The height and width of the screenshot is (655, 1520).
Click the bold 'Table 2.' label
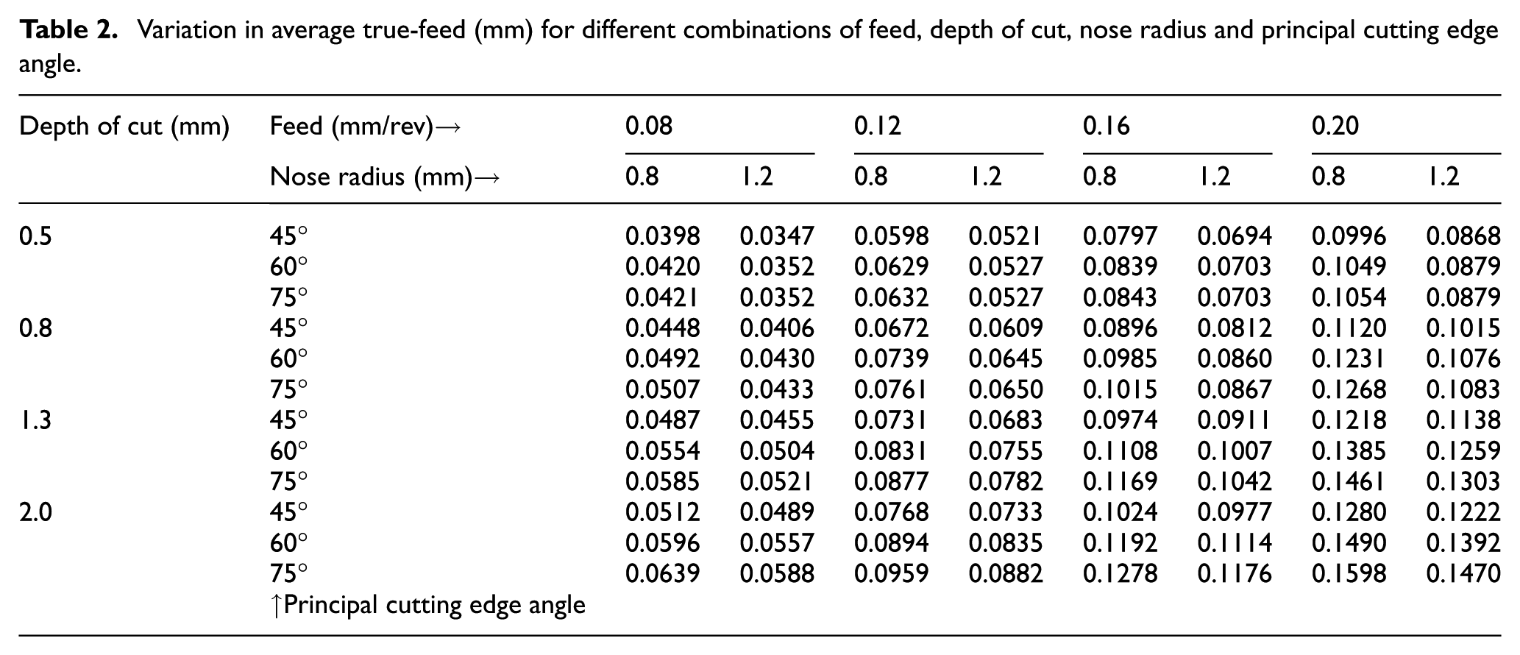[68, 30]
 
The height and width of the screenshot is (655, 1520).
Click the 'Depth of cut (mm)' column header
[124, 127]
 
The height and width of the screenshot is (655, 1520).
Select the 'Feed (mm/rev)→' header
[366, 127]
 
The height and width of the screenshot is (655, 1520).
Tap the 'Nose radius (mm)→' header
[385, 177]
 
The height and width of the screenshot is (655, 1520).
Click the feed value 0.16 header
[1107, 127]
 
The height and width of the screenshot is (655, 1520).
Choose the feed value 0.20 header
[1335, 127]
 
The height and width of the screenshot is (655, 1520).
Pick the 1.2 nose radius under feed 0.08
[757, 177]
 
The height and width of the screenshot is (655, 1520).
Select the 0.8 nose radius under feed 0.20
[1328, 177]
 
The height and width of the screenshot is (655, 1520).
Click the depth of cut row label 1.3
[35, 419]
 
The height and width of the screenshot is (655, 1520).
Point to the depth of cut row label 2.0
[35, 511]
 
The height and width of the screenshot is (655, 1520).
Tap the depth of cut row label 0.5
[35, 236]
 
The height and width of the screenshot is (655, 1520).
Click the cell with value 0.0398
[663, 236]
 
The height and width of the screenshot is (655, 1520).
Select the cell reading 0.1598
[1349, 573]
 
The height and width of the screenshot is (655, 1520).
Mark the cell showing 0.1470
[1463, 573]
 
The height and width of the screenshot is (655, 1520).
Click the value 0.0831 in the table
[891, 450]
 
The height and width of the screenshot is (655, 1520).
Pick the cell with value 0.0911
[1235, 419]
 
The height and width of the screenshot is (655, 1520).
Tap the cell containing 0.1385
[1349, 450]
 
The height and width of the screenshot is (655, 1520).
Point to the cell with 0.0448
[663, 327]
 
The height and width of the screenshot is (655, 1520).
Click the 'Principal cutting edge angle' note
[428, 605]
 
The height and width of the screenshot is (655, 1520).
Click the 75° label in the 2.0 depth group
[288, 573]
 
